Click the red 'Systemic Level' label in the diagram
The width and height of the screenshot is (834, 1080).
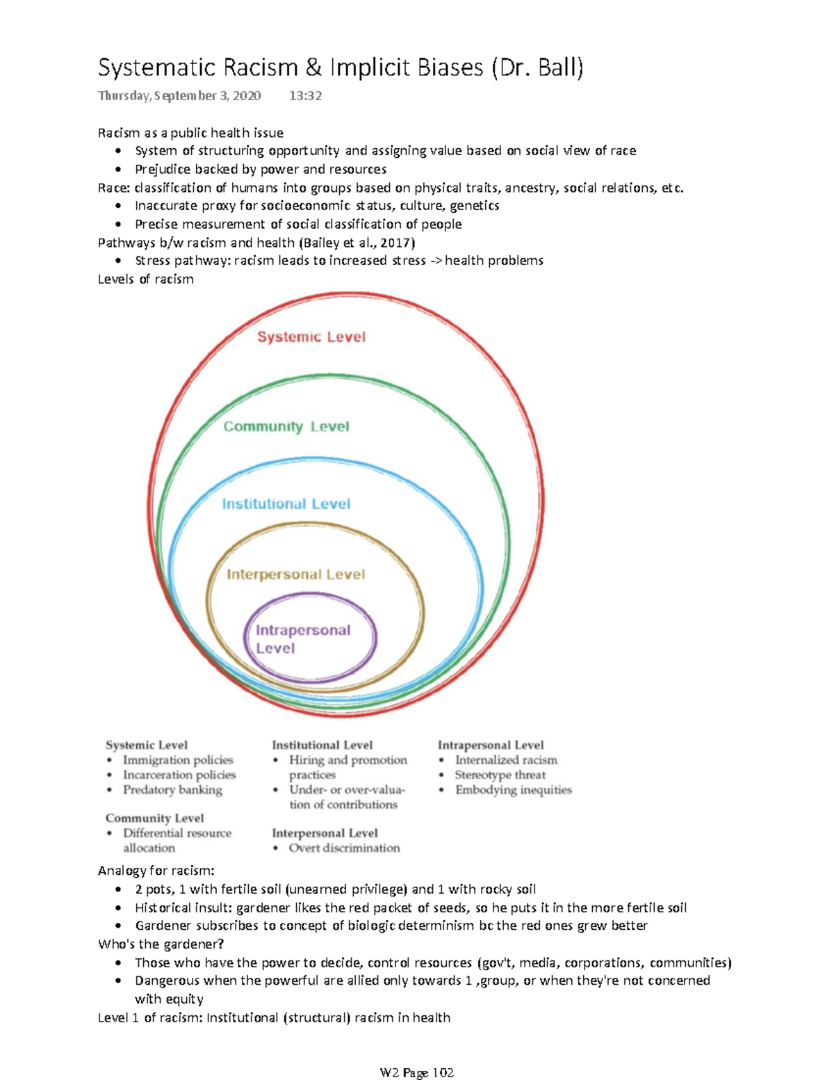(x=311, y=337)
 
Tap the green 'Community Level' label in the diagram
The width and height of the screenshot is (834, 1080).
(x=286, y=427)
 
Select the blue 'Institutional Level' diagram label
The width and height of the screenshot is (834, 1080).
(x=286, y=504)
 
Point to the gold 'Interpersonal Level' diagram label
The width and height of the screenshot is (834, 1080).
(x=295, y=574)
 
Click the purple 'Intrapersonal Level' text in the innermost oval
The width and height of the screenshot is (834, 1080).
(x=302, y=639)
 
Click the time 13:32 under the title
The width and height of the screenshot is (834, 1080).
(x=305, y=96)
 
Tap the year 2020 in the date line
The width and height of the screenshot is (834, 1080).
(x=247, y=96)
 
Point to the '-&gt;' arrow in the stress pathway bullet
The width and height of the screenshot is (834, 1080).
(x=435, y=261)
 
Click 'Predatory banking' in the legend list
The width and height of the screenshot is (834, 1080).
(x=172, y=790)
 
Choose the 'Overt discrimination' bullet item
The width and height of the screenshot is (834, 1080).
(x=344, y=848)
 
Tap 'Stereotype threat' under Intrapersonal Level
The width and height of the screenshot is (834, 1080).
(x=500, y=775)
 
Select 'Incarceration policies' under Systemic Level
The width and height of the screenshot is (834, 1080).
(x=179, y=775)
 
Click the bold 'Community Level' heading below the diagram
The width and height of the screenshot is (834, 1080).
(x=154, y=819)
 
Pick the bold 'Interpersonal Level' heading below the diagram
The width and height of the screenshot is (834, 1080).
(x=325, y=833)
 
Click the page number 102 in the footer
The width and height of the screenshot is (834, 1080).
(x=443, y=1073)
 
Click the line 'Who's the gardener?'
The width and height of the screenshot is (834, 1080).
(x=161, y=944)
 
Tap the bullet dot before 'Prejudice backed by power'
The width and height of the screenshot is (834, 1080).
(x=120, y=170)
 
